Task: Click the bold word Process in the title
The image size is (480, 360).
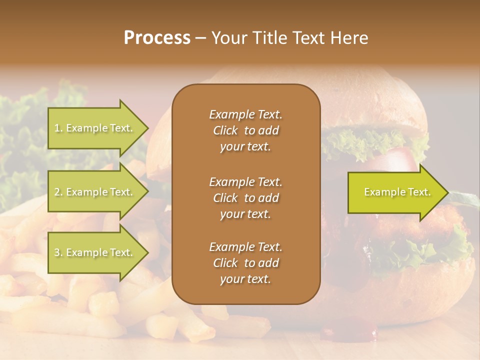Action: point(157,38)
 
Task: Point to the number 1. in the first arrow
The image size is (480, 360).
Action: point(58,128)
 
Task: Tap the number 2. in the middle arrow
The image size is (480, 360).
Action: point(58,192)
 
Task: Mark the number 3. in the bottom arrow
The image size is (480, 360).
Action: point(58,253)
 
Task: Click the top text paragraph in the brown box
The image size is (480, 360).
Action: point(245,130)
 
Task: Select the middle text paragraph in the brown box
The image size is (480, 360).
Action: point(245,198)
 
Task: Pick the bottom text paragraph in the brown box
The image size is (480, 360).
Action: point(245,263)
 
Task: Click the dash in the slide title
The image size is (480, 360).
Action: point(200,38)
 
